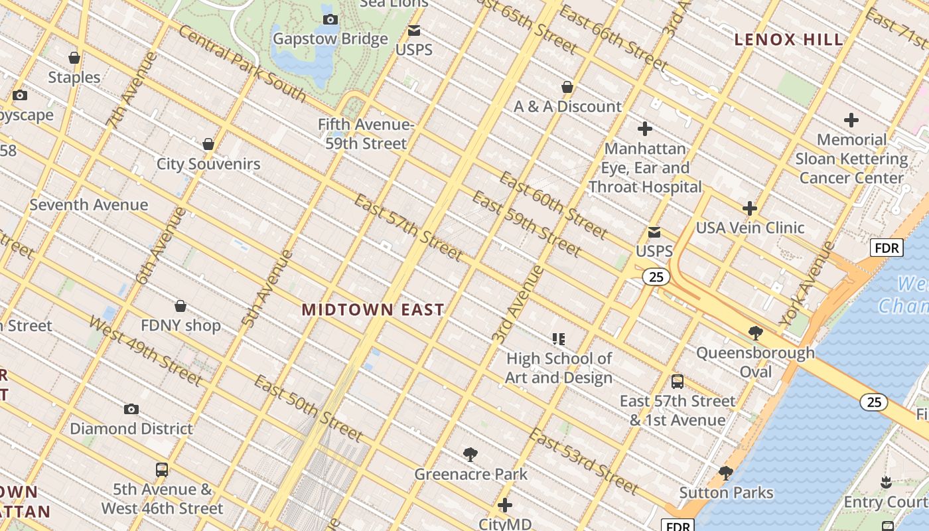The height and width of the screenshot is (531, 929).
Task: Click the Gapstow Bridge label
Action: [330, 38]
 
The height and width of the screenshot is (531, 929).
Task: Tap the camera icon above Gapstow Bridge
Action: [330, 20]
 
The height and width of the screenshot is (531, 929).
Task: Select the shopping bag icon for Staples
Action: [74, 58]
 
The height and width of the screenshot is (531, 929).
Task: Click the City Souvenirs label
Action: [208, 164]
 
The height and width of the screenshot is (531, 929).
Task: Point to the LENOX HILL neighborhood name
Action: [788, 40]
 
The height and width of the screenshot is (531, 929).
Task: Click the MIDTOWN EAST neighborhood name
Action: [373, 309]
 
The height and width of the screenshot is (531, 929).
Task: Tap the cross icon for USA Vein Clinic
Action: [750, 208]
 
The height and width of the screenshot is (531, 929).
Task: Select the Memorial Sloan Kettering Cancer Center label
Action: [851, 159]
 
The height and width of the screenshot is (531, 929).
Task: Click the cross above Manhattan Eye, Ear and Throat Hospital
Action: [644, 129]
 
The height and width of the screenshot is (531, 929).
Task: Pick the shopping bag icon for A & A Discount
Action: [567, 87]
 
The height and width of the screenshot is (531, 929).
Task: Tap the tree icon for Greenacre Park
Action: [470, 455]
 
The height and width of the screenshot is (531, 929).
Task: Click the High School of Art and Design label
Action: [559, 368]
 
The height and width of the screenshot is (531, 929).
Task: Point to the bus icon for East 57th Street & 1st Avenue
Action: [677, 382]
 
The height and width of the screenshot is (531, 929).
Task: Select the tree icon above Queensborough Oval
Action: [755, 333]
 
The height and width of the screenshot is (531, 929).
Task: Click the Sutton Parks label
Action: [726, 493]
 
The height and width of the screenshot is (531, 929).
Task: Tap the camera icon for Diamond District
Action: [131, 409]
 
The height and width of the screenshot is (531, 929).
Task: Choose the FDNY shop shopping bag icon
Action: [180, 306]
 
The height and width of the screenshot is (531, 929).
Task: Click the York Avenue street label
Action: [807, 284]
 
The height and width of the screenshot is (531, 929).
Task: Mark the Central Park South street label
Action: [243, 64]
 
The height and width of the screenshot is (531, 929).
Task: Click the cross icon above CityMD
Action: [505, 505]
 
